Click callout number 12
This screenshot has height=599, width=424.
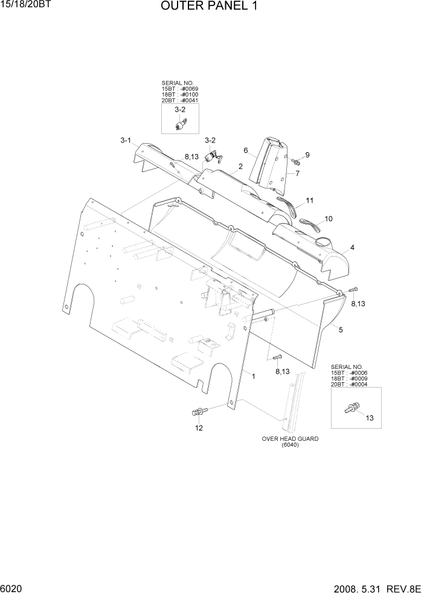click(x=199, y=428)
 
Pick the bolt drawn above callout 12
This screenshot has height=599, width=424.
click(x=198, y=412)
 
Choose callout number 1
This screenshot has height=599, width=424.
click(x=254, y=376)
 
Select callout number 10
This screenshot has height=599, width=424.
click(x=329, y=219)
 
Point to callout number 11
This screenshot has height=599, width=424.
click(x=309, y=200)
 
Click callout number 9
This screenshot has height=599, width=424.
click(x=307, y=155)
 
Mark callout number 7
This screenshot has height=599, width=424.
click(x=297, y=173)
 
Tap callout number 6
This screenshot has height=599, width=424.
click(x=246, y=150)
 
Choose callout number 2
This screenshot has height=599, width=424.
click(x=240, y=166)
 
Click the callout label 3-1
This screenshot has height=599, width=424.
click(x=126, y=140)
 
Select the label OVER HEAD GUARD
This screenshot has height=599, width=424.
click(x=290, y=439)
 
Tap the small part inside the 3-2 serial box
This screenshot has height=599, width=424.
click(x=180, y=124)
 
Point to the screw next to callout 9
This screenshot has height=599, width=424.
click(x=296, y=161)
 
